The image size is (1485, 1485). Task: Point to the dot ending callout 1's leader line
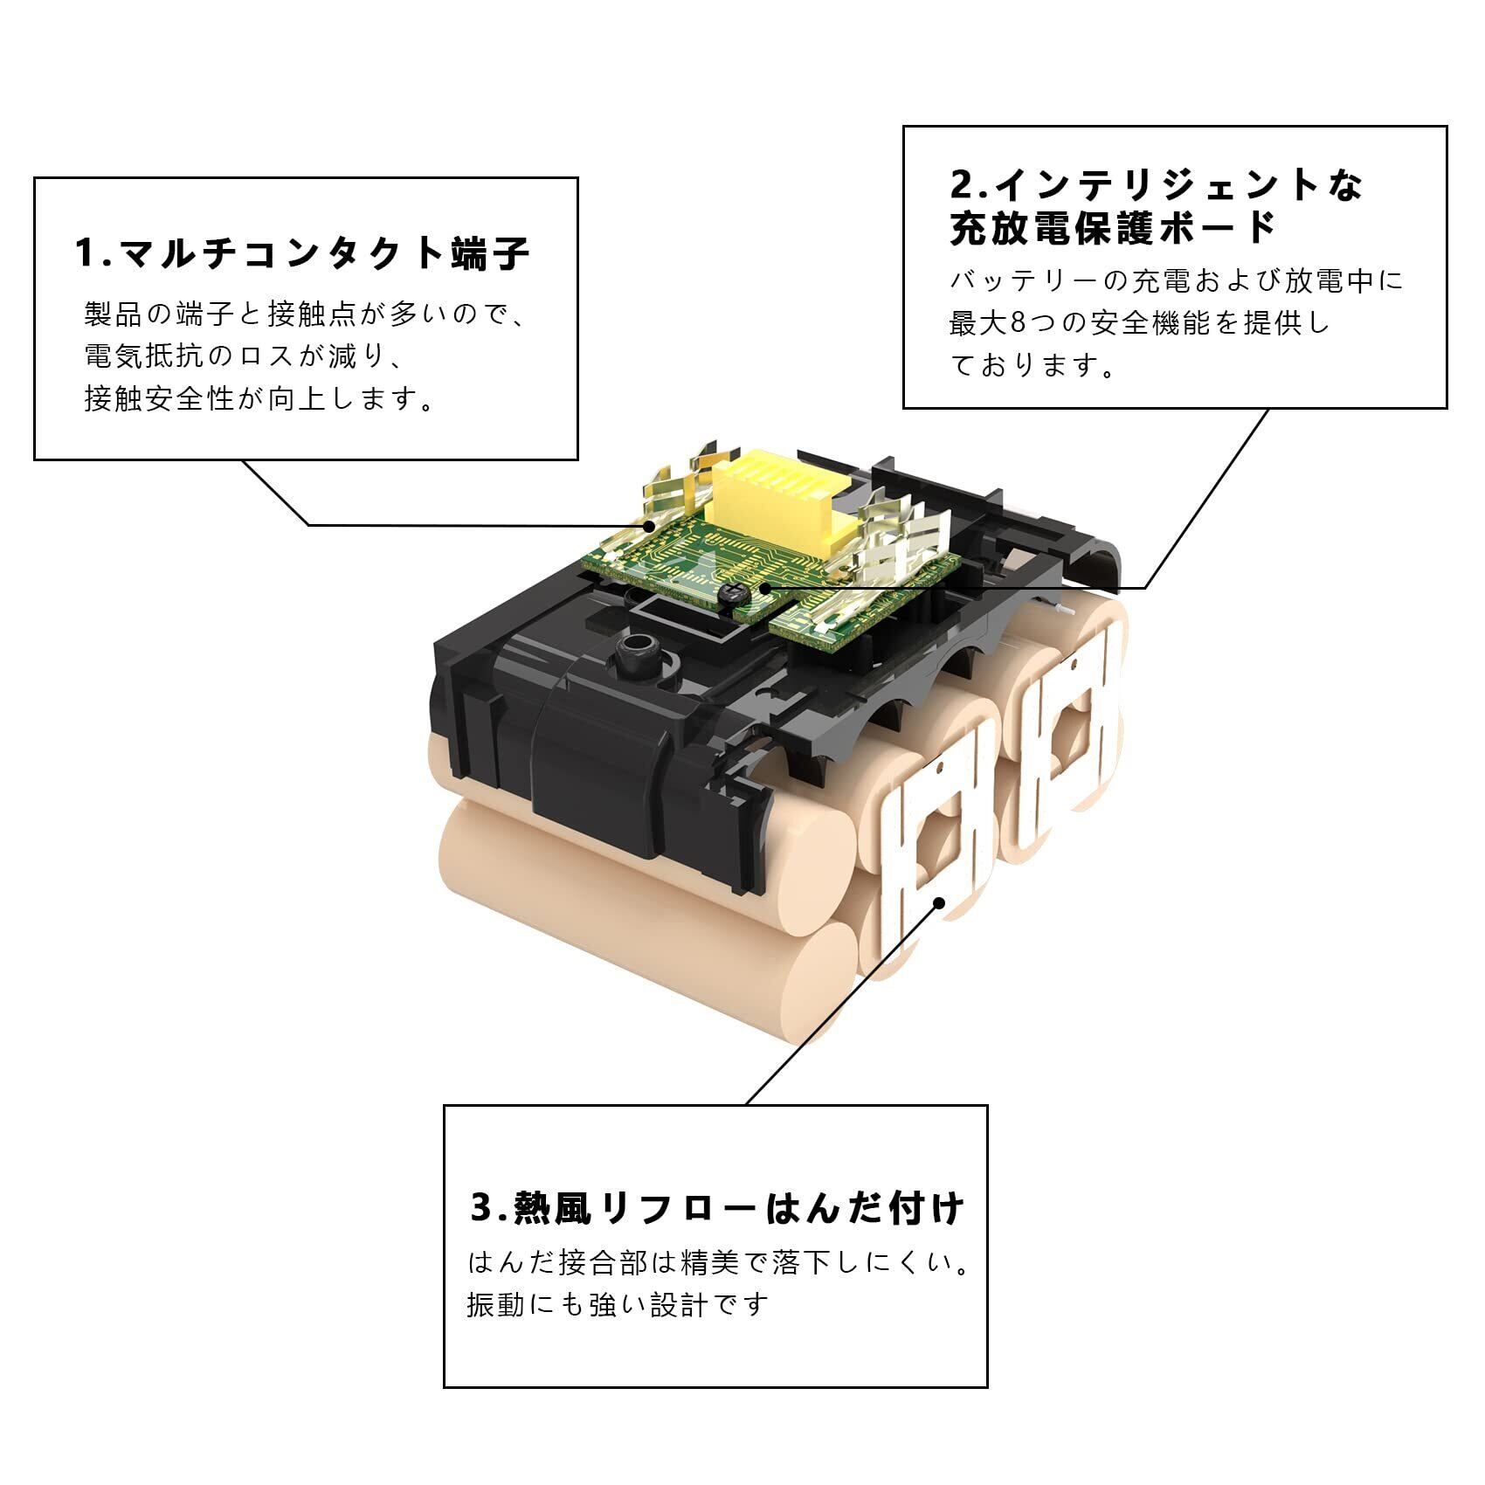pos(649,526)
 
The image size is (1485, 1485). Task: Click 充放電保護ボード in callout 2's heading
pos(1113,229)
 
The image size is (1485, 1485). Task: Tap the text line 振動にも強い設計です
pos(618,1305)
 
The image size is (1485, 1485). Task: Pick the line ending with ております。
pos(1033,365)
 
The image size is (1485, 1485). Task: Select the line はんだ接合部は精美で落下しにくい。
pos(718,1263)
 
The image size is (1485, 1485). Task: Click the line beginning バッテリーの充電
pos(1176,281)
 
